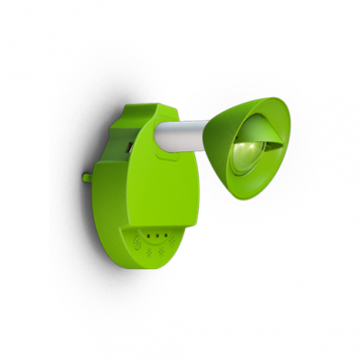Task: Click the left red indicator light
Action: [150, 234]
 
